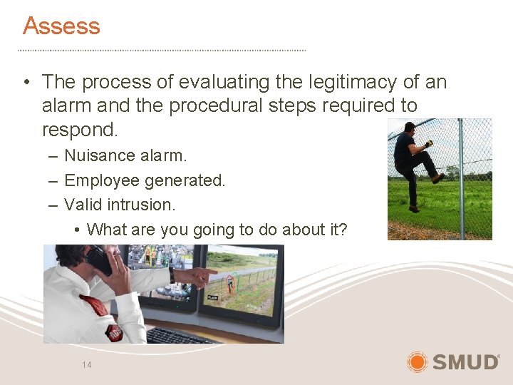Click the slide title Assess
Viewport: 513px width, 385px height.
61,26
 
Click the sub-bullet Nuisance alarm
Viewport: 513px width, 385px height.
125,155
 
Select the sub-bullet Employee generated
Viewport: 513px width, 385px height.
145,180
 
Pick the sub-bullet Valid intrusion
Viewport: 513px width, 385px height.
119,205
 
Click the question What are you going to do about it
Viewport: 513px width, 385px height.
217,230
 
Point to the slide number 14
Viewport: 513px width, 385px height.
86,365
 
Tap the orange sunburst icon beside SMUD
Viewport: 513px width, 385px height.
417,362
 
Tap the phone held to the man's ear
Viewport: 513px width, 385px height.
98,260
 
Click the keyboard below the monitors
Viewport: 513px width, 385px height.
178,335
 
